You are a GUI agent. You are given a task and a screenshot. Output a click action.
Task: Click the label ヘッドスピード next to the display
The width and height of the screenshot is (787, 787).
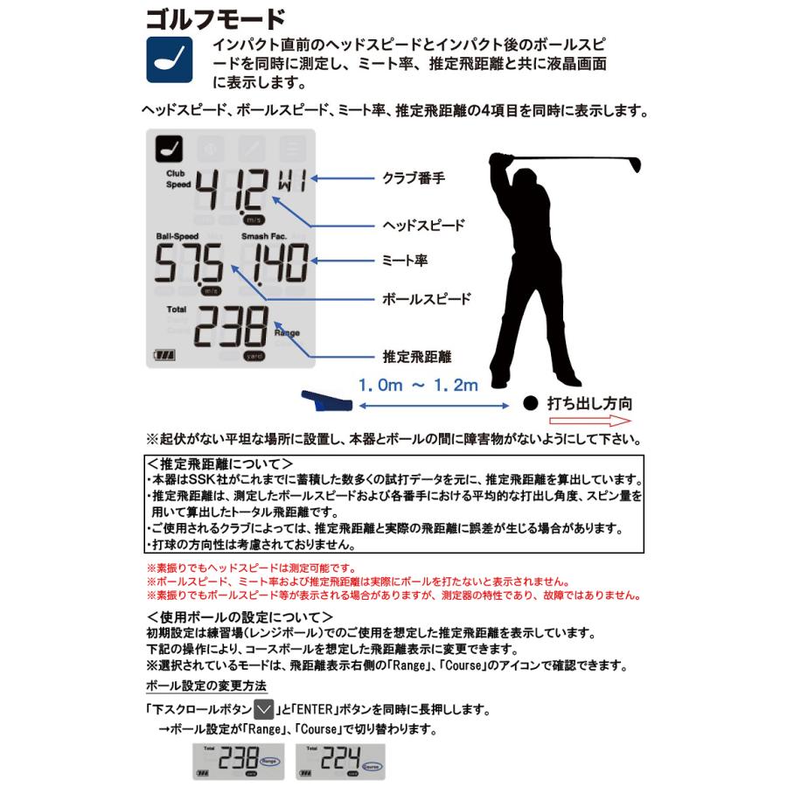tap(424, 225)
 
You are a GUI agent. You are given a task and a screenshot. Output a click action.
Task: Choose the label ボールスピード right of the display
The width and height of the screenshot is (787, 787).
tap(427, 298)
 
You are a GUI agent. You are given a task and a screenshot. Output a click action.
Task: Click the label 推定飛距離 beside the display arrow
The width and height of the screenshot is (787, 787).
tap(417, 357)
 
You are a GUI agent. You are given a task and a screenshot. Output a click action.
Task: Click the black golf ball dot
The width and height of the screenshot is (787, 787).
tap(530, 404)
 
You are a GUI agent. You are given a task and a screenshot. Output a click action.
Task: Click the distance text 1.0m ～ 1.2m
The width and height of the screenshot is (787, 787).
tap(417, 384)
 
